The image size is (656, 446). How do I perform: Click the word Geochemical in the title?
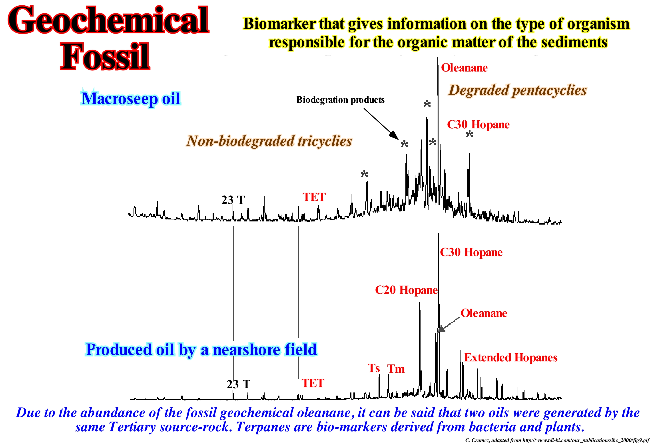(x=108, y=20)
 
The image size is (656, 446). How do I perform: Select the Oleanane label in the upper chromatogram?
(x=464, y=68)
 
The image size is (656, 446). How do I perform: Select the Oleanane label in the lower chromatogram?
(x=484, y=313)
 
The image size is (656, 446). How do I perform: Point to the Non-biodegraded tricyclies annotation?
(x=269, y=141)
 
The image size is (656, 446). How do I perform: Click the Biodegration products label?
(x=340, y=100)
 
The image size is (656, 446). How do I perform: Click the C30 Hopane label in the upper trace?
(x=478, y=124)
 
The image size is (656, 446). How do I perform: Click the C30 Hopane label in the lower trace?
(x=471, y=252)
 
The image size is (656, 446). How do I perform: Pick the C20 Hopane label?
(x=406, y=290)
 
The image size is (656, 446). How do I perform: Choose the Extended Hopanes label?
(x=511, y=357)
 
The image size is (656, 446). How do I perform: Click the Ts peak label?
(x=373, y=368)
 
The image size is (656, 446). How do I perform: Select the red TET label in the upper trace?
(x=314, y=197)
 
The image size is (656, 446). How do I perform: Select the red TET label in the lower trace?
(x=313, y=383)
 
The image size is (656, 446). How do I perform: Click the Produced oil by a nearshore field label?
(x=201, y=349)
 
